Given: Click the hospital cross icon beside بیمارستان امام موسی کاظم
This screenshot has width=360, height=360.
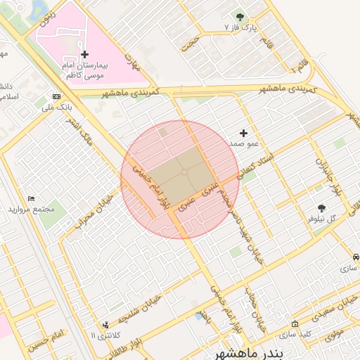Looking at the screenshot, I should coord(85,54).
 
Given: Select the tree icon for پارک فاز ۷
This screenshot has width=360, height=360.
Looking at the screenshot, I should coord(240,17).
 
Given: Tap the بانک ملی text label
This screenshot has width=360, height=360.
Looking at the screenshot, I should coord(58,107).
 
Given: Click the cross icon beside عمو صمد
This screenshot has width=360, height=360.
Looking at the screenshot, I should coord(244,133).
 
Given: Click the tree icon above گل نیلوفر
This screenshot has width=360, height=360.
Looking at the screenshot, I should coord(322,208).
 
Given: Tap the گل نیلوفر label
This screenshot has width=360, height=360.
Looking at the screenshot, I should coord(322,219).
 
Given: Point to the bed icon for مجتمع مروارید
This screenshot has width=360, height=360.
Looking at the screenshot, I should coord(31,199).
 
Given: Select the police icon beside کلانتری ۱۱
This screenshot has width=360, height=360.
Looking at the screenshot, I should coord(105,325).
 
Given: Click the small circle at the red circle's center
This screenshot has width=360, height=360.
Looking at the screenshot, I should coord(184,172).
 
